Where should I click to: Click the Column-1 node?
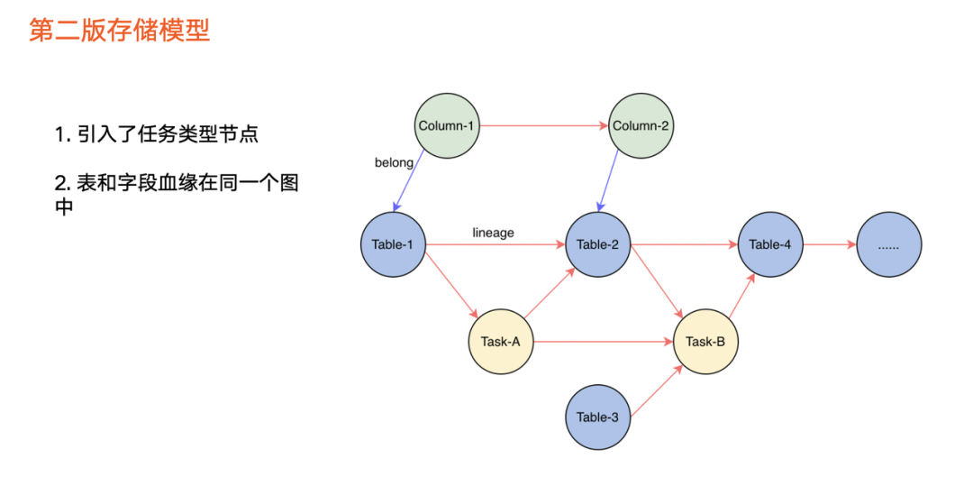point(447,126)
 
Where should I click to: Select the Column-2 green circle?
point(641,126)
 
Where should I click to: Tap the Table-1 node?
point(392,244)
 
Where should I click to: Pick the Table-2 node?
point(598,244)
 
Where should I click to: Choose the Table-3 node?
point(597,417)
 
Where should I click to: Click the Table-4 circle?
point(770,244)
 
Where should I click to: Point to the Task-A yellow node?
point(501,342)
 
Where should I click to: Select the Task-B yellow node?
point(705,342)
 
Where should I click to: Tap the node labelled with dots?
point(889,244)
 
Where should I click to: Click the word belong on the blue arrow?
point(394,163)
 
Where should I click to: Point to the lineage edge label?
point(493,233)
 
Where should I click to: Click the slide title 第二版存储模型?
point(120,30)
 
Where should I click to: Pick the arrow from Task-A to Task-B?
point(603,342)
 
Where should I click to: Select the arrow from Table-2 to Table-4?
point(684,244)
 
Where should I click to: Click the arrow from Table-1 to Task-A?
point(450,286)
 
